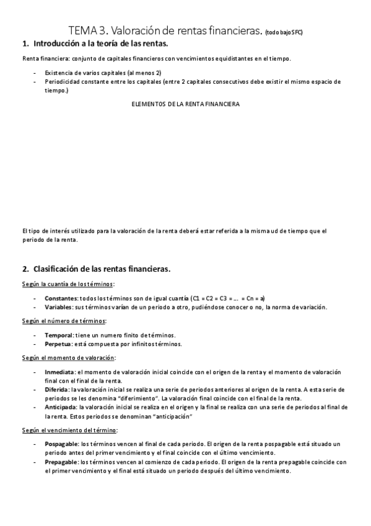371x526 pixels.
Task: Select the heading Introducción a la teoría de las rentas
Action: [x=100, y=44]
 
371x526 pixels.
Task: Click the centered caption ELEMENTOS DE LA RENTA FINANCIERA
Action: [x=186, y=104]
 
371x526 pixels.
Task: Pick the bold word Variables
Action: [x=58, y=307]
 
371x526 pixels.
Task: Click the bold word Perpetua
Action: [x=58, y=344]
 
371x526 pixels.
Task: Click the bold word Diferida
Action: [x=57, y=389]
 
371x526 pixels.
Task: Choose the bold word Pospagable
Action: [x=62, y=444]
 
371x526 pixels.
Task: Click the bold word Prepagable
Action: [x=62, y=462]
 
